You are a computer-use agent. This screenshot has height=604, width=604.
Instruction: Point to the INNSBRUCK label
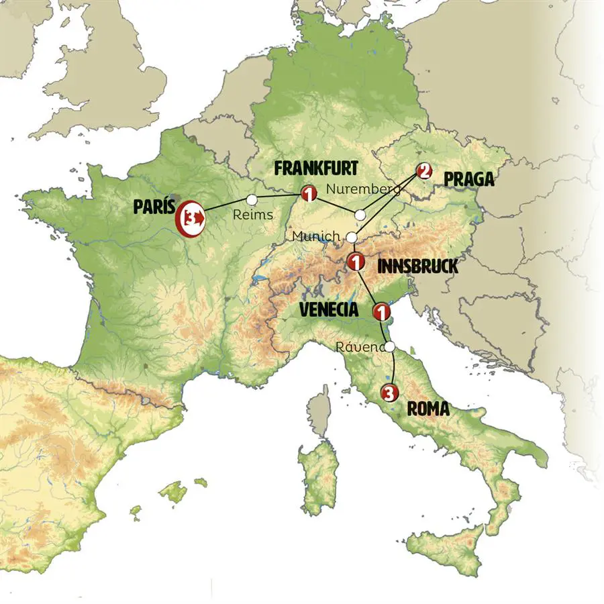pos(417,266)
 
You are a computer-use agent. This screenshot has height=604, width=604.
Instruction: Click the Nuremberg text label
pos(362,189)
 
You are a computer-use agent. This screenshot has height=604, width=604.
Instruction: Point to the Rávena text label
pos(361,348)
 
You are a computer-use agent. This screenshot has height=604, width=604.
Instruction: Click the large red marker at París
pos(191,217)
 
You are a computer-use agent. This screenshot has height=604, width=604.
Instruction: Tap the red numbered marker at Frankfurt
pos(309,194)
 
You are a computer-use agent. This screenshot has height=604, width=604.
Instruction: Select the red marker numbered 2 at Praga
pos(423,171)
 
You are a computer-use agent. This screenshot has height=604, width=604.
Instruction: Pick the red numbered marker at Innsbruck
pos(356,260)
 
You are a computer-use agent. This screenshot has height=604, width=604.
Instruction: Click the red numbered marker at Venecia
pos(381,312)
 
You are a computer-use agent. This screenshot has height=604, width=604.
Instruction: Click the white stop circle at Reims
pos(252,199)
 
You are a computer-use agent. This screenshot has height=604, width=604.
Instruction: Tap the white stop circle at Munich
pos(351,237)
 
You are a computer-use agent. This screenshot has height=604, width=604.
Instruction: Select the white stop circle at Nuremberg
pos(360,215)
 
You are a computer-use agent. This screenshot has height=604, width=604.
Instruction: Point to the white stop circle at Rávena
pos(390,347)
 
